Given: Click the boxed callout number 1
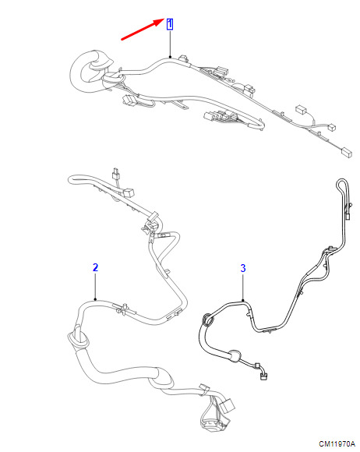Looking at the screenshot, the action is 170,24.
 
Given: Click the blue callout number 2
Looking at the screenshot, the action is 95,267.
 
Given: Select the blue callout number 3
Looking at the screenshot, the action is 243,268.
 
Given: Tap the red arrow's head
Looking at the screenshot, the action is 161,21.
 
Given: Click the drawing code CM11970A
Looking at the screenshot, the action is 337,444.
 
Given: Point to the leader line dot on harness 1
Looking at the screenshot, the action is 170,57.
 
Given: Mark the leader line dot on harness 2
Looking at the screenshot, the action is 95,299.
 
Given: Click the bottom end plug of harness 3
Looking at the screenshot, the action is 263,376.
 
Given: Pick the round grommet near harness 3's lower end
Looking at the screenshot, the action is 235,355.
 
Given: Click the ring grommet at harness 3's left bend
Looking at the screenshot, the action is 208,320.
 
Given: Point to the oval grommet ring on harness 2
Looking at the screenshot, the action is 78,339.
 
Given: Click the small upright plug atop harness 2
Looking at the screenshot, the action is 115,173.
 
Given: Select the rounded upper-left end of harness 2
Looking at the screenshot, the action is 73,179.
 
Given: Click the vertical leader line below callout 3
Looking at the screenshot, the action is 243,287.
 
